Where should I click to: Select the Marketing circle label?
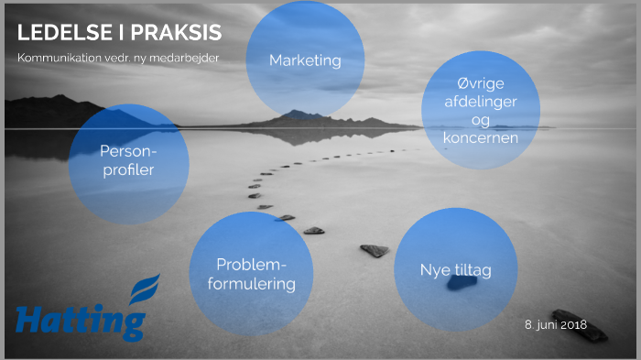305,60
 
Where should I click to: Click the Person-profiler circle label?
129,161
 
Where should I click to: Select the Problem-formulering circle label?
251,274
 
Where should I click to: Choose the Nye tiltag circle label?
455,270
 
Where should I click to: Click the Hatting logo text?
81,322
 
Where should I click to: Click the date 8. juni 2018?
555,325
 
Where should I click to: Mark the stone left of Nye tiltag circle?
375,250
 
